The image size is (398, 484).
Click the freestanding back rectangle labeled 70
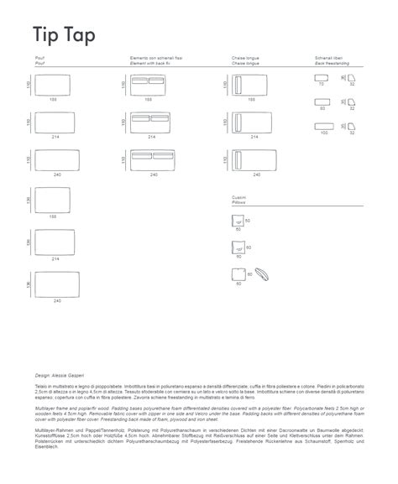321,78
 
